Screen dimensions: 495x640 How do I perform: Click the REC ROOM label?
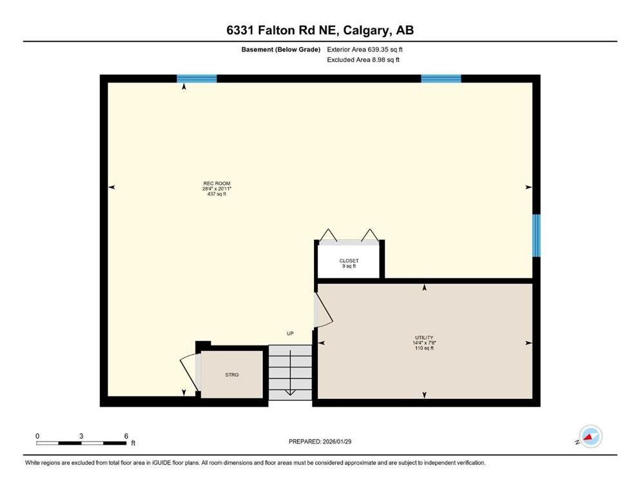pos(217,183)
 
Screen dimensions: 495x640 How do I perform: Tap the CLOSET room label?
pos(349,261)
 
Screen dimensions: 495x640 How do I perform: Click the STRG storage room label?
pos(232,374)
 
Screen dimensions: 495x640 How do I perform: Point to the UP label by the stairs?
pos(290,333)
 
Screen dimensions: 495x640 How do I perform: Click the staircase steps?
pos(290,373)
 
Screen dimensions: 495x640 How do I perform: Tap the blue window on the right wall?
pos(536,236)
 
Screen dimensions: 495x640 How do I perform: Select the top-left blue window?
pos(197,79)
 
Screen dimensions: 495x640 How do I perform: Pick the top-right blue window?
pos(441,79)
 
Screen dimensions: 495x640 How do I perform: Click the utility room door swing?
pos(322,311)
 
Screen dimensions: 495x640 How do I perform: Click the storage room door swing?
pos(190,374)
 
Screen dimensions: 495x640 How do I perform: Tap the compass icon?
pos(590,436)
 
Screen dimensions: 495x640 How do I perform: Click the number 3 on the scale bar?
pos(81,436)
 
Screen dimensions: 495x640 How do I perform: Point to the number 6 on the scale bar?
pos(126,436)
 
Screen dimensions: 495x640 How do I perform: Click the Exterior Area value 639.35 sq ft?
pos(385,49)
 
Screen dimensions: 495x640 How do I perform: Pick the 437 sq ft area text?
pos(217,193)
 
